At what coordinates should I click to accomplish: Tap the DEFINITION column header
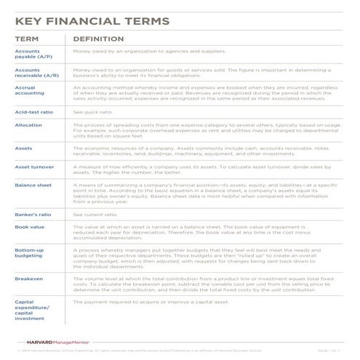pos(97,38)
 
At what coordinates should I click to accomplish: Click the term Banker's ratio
pos(33,215)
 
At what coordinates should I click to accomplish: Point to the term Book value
pos(29,228)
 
